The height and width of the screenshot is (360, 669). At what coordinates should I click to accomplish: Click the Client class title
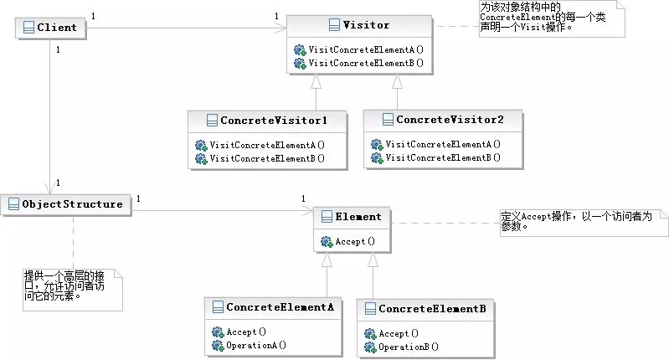(57, 28)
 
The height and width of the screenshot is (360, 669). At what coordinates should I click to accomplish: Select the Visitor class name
(366, 25)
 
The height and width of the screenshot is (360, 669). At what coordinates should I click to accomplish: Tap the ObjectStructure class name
(72, 204)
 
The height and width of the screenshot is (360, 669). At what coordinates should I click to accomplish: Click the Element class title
(358, 216)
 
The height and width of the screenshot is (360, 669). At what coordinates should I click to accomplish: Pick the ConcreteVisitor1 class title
(274, 121)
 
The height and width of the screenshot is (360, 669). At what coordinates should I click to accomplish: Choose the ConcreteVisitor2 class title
(450, 120)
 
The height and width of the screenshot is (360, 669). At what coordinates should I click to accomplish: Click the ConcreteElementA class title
(280, 307)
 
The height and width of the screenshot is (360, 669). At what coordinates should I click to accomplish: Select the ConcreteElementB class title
(432, 308)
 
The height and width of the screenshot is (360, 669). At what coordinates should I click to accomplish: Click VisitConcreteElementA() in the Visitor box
(366, 49)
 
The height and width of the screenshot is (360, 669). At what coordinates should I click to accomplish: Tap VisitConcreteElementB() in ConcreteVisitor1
(267, 158)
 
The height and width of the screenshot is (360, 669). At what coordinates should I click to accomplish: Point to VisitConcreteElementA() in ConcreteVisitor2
(443, 144)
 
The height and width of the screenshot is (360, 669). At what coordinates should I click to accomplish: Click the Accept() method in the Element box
(355, 241)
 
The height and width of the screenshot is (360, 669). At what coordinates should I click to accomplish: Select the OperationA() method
(256, 345)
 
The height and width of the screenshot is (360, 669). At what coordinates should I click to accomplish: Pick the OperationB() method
(409, 347)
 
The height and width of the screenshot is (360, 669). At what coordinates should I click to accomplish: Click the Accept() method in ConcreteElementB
(399, 333)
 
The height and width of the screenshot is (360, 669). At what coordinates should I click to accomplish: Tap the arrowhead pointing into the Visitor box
(280, 28)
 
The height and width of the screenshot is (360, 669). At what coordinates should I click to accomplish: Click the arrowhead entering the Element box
(307, 210)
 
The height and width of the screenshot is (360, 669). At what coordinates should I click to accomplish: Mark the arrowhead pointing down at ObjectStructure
(50, 188)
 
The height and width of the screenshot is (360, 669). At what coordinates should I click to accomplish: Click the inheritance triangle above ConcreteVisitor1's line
(316, 81)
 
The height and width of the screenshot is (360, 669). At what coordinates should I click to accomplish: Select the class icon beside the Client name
(28, 28)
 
